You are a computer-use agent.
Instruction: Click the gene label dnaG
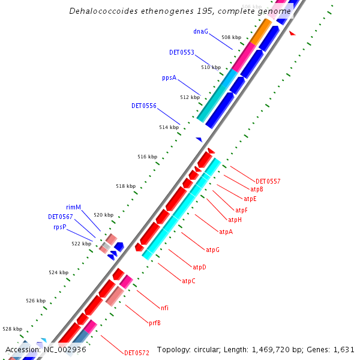(x=200, y=31)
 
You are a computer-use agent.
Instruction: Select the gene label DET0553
(x=181, y=53)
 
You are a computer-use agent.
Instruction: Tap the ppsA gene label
(x=169, y=78)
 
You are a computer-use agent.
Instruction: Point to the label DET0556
(x=144, y=106)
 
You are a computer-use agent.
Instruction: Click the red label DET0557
(x=268, y=181)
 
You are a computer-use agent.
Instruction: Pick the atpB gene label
(x=257, y=190)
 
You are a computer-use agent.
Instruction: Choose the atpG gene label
(x=212, y=250)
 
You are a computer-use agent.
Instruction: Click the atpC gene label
(x=188, y=281)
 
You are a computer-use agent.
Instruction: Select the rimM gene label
(x=73, y=208)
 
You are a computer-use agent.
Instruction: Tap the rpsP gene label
(x=59, y=227)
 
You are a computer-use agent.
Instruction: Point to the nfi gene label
(x=164, y=308)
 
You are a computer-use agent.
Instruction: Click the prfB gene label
(x=154, y=323)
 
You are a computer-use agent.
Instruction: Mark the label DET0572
(x=136, y=353)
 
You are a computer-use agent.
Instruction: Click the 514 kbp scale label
(x=169, y=127)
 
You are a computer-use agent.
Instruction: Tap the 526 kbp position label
(x=35, y=301)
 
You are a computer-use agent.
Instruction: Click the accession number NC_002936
(x=63, y=349)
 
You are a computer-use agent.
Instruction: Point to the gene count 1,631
(x=343, y=349)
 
